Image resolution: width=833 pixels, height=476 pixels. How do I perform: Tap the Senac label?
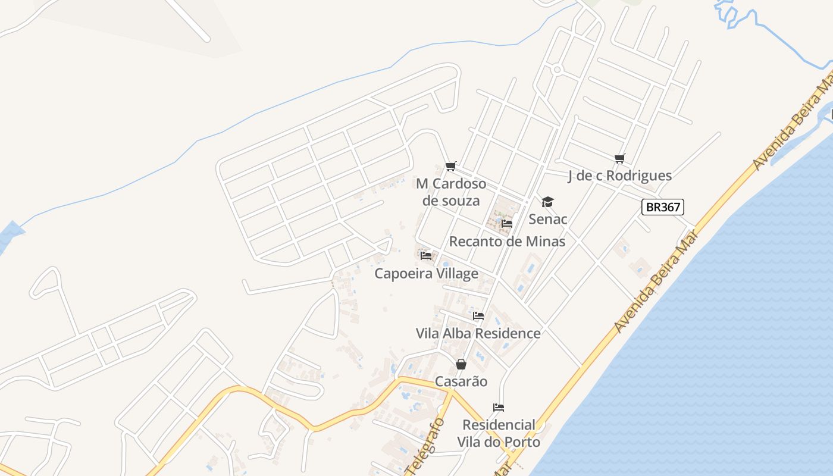coord(548,219)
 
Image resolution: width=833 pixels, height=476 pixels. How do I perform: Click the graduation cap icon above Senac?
coord(547,202)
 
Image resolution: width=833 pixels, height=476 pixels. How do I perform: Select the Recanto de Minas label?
coord(507,242)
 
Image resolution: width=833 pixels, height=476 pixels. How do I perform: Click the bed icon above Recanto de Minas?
coord(507,224)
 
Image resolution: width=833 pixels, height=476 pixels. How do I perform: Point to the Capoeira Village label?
coord(426,274)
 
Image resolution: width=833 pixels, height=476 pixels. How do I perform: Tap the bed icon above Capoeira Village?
coord(426,256)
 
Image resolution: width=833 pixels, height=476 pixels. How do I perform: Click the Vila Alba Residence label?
coord(478,333)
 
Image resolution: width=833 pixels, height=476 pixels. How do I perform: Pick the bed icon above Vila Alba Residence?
coord(478,316)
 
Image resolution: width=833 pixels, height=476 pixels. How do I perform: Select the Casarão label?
coord(461,381)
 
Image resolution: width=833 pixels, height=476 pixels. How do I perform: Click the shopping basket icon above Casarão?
coord(461,364)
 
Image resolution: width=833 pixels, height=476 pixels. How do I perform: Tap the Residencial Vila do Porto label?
coord(499,433)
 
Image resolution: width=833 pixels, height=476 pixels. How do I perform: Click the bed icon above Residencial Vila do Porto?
coord(499,408)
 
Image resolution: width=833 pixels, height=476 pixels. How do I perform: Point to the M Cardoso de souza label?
coord(451,192)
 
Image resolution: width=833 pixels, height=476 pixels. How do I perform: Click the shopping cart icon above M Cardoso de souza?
coord(451,166)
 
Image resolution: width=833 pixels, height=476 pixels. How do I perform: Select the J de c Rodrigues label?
coord(620,176)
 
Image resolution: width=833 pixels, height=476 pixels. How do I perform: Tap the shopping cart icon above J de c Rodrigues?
coord(620,158)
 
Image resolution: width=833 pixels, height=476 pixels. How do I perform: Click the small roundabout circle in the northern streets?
coord(558,70)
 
